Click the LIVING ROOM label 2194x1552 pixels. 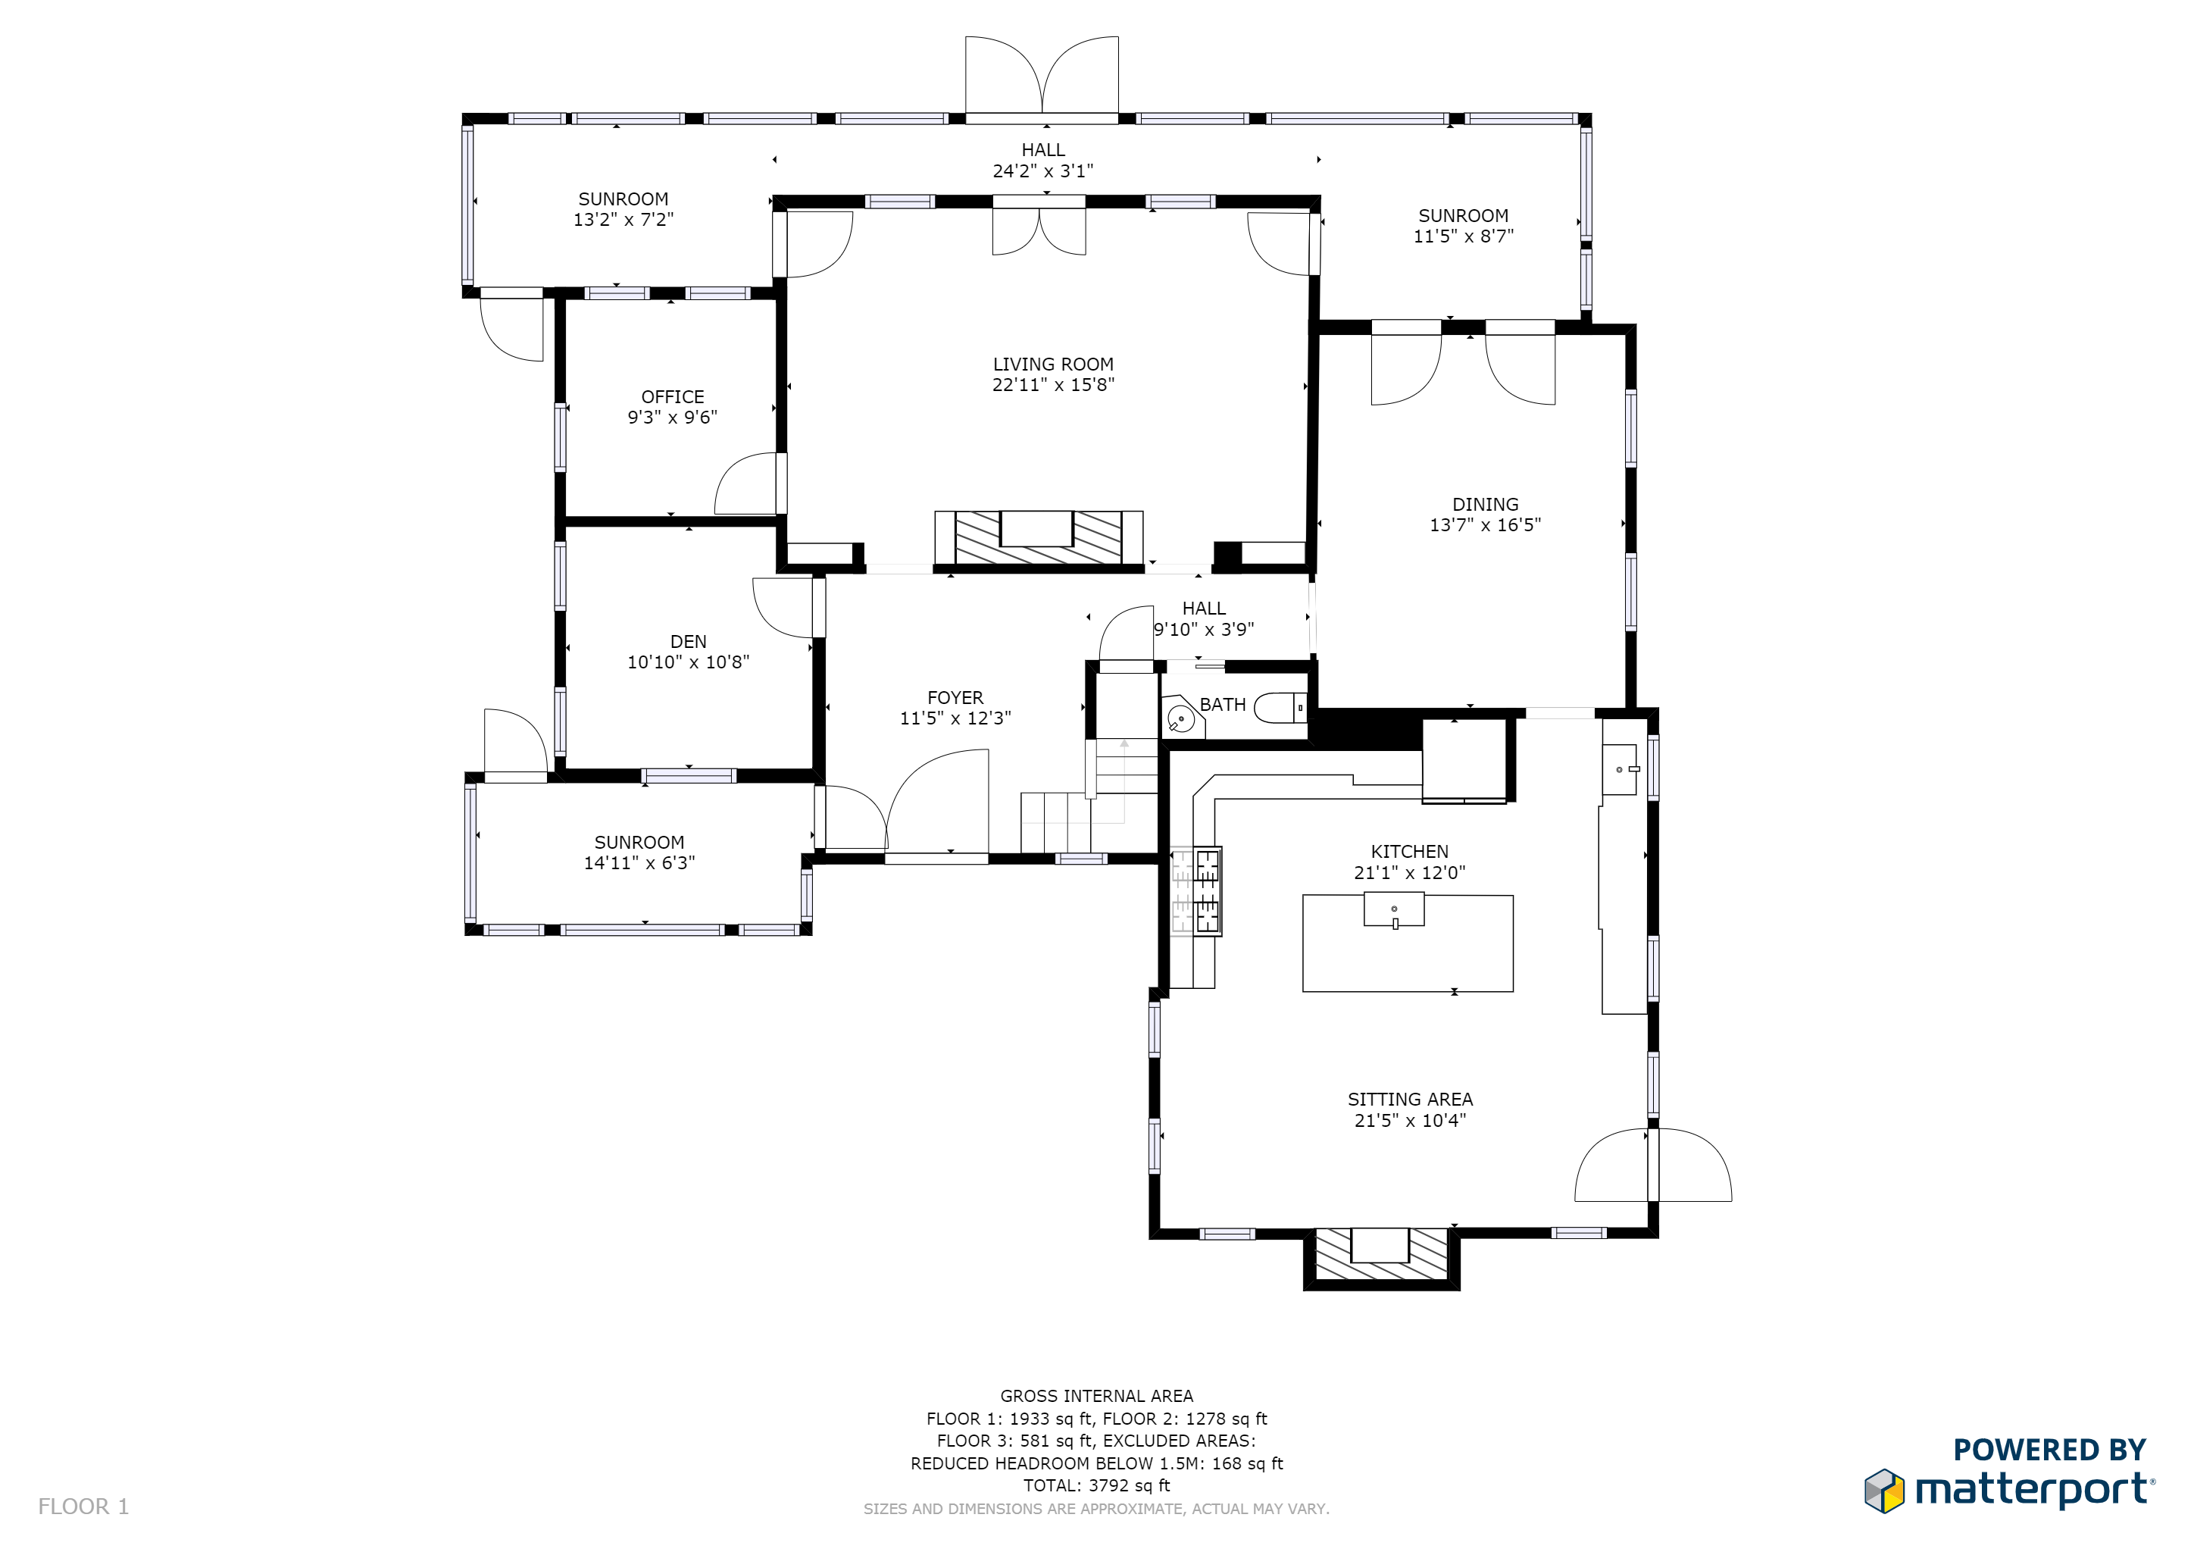[x=1053, y=364]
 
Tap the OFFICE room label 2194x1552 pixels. [x=673, y=396]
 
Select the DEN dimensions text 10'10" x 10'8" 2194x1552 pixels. [x=688, y=662]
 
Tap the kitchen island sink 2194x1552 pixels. [x=1394, y=910]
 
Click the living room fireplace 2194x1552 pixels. [x=1039, y=538]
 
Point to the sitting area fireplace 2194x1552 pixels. [x=1381, y=1254]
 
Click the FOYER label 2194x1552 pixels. [x=955, y=698]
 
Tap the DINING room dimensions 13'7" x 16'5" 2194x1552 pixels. [x=1485, y=524]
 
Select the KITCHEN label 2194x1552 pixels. [x=1409, y=852]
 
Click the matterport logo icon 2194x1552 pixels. [x=1884, y=1491]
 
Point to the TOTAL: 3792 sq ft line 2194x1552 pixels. [x=1097, y=1486]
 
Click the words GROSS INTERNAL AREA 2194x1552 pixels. [x=1097, y=1396]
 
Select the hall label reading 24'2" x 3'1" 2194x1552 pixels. [x=1042, y=171]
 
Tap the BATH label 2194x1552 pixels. [x=1222, y=704]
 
